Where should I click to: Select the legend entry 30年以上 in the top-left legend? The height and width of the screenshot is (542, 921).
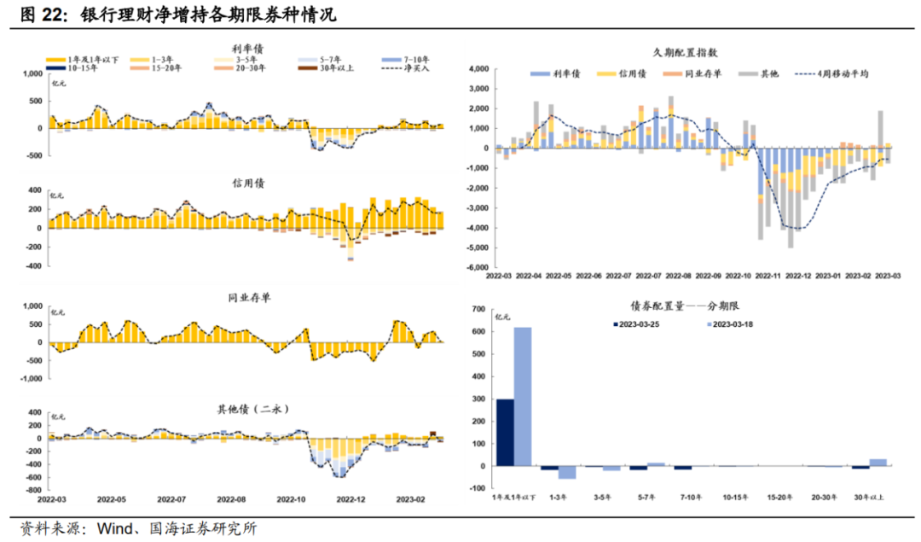coord(333,67)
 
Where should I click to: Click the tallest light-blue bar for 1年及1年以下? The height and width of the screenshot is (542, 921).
coord(523,397)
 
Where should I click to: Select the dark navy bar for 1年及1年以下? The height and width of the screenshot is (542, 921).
coord(505,433)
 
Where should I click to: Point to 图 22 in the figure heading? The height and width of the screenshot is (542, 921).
coord(38,15)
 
